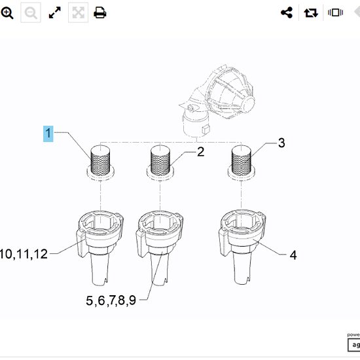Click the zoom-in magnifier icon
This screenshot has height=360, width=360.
point(7,12)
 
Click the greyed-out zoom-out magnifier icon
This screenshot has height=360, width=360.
point(31,12)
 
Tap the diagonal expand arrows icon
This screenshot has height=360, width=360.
point(55,12)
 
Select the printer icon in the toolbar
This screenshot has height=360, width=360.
point(100,12)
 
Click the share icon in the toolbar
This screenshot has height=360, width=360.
point(286,12)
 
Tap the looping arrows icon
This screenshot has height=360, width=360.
point(311,12)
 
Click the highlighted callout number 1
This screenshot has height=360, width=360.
point(48,134)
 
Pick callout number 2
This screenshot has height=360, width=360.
point(200,152)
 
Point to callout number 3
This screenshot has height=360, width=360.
point(281,143)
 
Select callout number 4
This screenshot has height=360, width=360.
point(293,255)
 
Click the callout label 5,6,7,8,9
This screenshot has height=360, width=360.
point(110,300)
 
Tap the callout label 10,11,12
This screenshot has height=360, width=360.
point(24,254)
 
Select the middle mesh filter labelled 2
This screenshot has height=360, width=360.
point(161,160)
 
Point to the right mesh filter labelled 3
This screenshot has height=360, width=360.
point(241,160)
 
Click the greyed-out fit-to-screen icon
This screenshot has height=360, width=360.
point(78,12)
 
